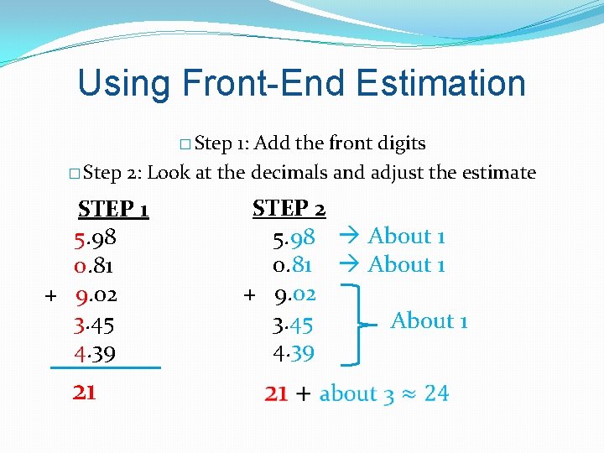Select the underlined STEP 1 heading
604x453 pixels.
[113, 209]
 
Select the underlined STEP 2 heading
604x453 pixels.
[289, 206]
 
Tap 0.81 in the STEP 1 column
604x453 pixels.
[94, 267]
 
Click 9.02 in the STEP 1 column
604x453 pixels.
[96, 295]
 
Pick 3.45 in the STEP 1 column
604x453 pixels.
[94, 325]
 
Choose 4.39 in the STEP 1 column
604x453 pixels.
[95, 353]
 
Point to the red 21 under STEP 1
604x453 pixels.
[84, 392]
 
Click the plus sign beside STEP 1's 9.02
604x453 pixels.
[50, 296]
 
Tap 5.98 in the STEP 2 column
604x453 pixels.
[294, 238]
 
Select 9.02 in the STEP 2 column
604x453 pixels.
[294, 294]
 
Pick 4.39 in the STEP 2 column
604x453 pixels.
[294, 353]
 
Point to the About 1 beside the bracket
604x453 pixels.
[429, 320]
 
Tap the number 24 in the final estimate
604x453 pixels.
[436, 393]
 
